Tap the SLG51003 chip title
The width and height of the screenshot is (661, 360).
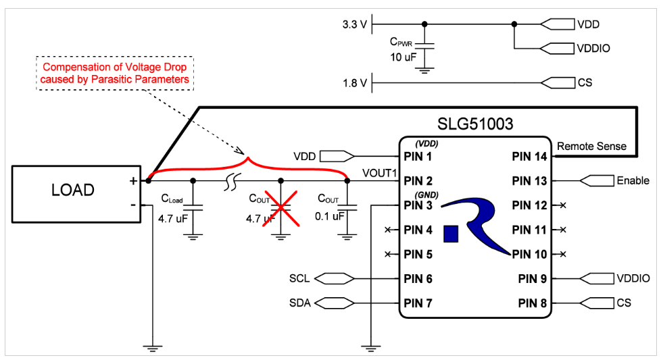[475, 124]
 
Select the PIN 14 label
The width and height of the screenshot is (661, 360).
[529, 157]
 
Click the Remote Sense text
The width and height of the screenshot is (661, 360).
[591, 146]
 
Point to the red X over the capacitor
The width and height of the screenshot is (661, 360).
[280, 209]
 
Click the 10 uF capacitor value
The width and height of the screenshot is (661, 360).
[403, 57]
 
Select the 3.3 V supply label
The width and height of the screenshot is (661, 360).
[355, 24]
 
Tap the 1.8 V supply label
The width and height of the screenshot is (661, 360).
[355, 83]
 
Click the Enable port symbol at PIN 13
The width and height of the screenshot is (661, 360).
[597, 180]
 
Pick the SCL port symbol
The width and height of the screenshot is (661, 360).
[335, 278]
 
